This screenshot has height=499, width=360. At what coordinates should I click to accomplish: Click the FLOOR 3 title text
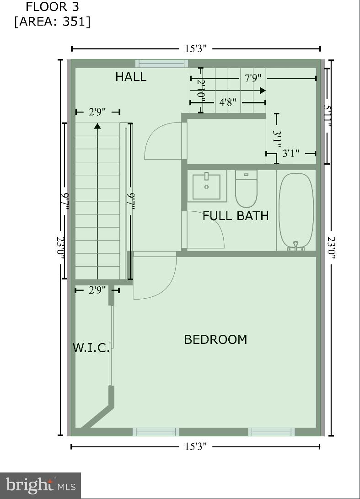[x=52, y=7]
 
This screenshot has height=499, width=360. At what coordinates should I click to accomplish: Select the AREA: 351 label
[x=52, y=21]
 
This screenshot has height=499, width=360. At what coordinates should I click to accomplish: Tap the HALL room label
[x=131, y=77]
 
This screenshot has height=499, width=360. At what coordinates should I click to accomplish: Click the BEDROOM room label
[x=215, y=339]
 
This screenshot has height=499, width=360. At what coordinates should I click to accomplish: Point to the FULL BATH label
[x=236, y=216]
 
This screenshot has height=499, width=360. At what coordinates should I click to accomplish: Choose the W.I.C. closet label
[x=91, y=348]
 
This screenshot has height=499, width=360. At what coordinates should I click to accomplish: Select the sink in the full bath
[x=206, y=186]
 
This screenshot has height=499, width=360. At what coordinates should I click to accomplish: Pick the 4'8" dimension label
[x=227, y=102]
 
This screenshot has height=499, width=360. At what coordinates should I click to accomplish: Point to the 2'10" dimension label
[x=200, y=90]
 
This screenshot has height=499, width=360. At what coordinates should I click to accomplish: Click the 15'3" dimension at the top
[x=196, y=49]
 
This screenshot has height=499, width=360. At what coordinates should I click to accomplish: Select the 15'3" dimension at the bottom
[x=196, y=446]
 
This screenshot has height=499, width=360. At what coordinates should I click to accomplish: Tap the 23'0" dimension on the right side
[x=331, y=247]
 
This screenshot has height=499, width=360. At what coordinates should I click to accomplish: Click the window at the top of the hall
[x=161, y=64]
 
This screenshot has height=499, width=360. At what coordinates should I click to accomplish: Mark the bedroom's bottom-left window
[x=156, y=432]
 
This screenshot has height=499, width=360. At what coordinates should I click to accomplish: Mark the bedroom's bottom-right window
[x=271, y=432]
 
